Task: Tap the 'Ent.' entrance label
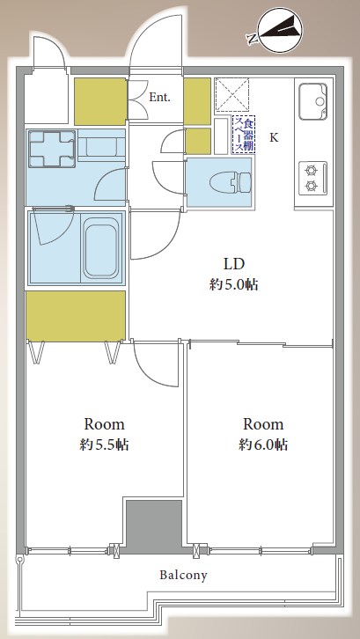point(159,98)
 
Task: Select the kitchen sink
point(312,101)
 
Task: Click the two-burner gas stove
point(312,178)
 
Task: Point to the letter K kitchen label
point(274,137)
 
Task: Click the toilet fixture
point(231,181)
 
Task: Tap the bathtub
point(101,247)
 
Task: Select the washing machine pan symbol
point(51,149)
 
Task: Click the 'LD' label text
point(233,264)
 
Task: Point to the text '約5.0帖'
point(233,284)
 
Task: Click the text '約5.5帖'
point(104,444)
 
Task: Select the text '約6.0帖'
point(263,444)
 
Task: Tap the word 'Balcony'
point(183,576)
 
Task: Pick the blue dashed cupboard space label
point(244,134)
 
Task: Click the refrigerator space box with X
point(231,94)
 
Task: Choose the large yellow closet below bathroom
point(76,315)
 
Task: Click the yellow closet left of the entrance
point(100,101)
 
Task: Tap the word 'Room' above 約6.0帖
point(263,424)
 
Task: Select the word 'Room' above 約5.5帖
point(104,424)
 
